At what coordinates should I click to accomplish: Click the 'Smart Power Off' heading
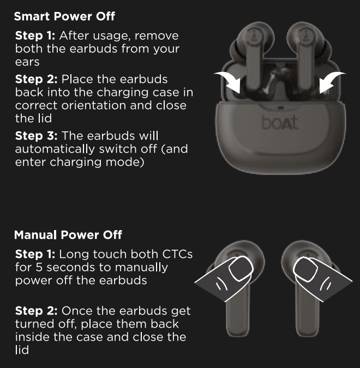click(64, 16)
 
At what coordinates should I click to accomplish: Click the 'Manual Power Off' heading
click(68, 235)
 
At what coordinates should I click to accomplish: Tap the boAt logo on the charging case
click(280, 123)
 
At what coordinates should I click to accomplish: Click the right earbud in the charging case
click(305, 59)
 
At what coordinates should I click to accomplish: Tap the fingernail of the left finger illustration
click(241, 269)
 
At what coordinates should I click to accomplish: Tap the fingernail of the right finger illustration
click(305, 269)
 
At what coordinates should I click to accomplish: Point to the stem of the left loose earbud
click(238, 315)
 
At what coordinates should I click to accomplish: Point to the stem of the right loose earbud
click(308, 315)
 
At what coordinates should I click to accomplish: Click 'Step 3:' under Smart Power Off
click(36, 136)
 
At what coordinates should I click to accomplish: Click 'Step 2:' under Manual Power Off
click(36, 311)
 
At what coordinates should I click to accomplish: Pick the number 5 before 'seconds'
click(39, 267)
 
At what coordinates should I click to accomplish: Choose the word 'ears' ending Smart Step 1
click(27, 62)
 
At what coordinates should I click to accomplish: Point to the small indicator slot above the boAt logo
click(281, 108)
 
